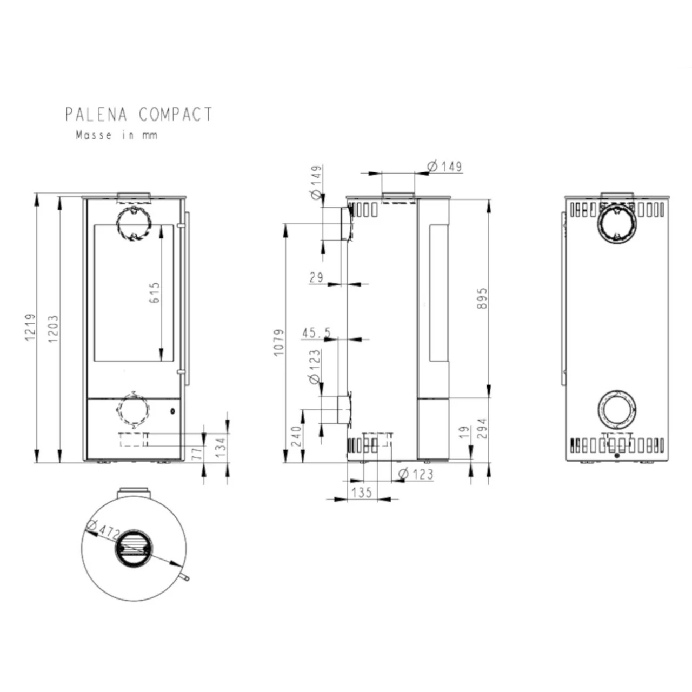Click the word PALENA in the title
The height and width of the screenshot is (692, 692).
[x=96, y=115]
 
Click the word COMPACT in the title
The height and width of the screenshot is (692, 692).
[x=175, y=115]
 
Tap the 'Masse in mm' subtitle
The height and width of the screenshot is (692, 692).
[x=116, y=135]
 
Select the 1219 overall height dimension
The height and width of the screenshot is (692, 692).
[x=30, y=327]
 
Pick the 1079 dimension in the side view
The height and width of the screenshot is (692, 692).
[x=278, y=342]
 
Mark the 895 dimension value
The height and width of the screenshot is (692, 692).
[x=482, y=298]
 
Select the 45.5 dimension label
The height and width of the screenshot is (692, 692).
[x=316, y=332]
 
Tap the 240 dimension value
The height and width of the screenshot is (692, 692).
[x=296, y=436]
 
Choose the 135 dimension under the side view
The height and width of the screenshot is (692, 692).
[x=362, y=492]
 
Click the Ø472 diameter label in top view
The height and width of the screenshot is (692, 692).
[x=102, y=529]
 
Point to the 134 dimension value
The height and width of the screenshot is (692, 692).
[x=221, y=448]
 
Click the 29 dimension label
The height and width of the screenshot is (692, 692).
[x=316, y=277]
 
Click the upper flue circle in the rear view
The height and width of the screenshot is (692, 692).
[x=617, y=224]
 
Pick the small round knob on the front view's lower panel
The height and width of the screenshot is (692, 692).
[x=172, y=411]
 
